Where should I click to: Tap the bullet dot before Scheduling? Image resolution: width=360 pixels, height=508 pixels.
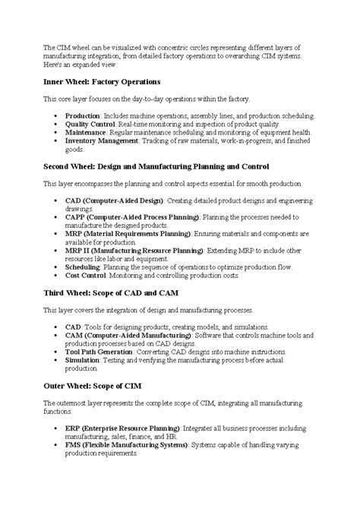pyautogui.click(x=58, y=267)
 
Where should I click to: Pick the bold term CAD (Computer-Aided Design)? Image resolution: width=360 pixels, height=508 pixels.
pyautogui.click(x=115, y=200)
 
